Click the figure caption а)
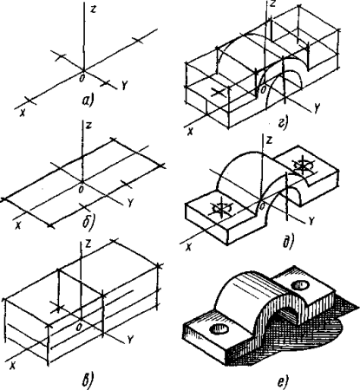click(88, 101)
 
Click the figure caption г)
click(283, 123)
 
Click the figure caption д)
click(287, 242)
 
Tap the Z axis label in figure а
click(93, 9)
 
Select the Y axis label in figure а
click(124, 85)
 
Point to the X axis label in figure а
click(23, 113)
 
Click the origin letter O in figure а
click(82, 78)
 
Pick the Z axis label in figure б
click(89, 126)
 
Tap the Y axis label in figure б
click(130, 204)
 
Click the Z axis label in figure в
click(88, 244)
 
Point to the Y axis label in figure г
click(317, 107)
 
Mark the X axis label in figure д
click(188, 247)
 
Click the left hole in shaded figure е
click(219, 328)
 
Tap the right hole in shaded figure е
click(300, 285)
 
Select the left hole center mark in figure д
click(221, 207)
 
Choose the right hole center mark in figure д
click(302, 166)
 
